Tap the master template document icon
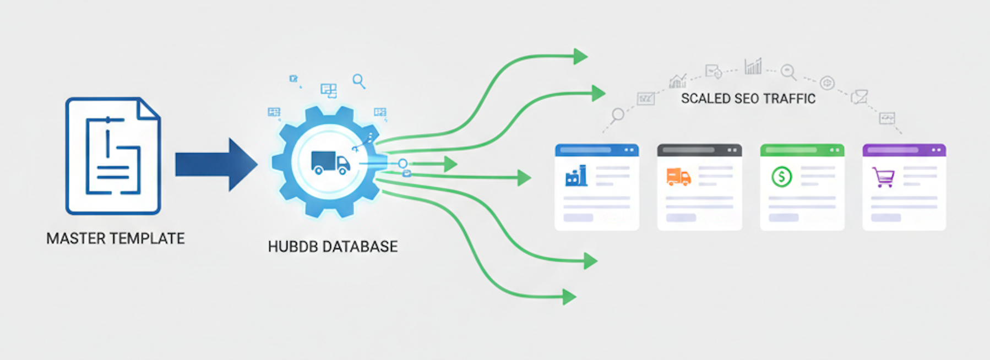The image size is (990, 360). tap(113, 156)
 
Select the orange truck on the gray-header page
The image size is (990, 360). tap(678, 177)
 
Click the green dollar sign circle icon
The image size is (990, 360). tap(781, 177)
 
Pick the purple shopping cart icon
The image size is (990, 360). tap(883, 177)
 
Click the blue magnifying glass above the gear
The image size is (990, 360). tap(359, 81)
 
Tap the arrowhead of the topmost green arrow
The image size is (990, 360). tap(580, 56)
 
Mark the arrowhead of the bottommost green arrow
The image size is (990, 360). tap(569, 297)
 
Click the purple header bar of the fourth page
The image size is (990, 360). tap(904, 150)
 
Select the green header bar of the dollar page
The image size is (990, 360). tap(802, 150)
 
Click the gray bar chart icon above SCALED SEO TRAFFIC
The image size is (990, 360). tap(753, 67)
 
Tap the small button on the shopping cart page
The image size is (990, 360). tap(885, 218)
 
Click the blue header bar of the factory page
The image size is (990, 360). tap(596, 150)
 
